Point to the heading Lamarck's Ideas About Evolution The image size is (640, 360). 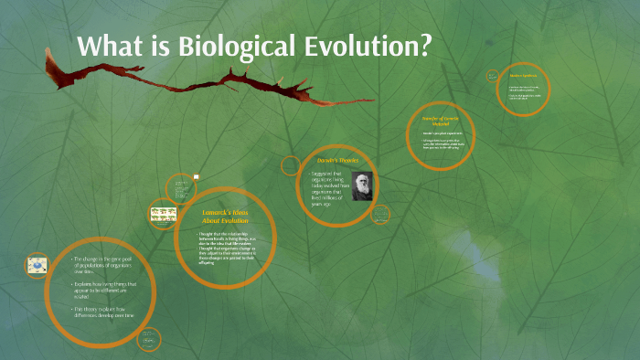(225, 217)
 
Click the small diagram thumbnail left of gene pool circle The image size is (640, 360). (37, 266)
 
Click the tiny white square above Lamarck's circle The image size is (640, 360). (196, 177)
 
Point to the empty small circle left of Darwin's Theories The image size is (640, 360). (291, 165)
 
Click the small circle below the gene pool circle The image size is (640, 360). (148, 341)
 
